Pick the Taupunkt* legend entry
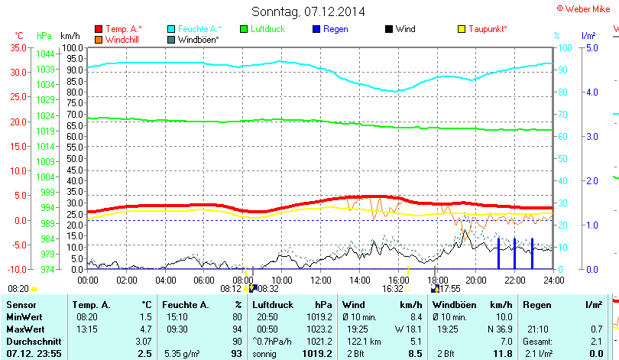[488, 29]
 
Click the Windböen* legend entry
[198, 39]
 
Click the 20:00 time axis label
[475, 280]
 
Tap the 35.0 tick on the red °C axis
[17, 47]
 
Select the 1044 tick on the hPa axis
[45, 54]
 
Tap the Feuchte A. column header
[186, 305]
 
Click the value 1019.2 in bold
[316, 354]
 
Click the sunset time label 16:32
[393, 290]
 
